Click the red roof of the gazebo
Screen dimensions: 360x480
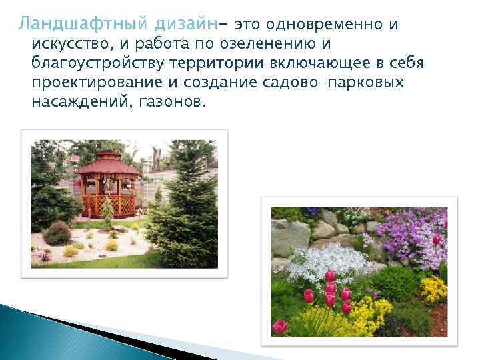107,163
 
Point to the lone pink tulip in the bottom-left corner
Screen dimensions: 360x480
281,326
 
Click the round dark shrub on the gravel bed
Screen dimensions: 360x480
58,234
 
